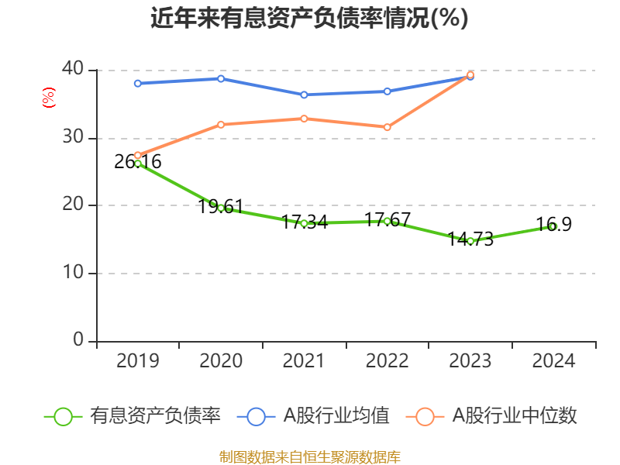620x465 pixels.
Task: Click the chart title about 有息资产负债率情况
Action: point(309,19)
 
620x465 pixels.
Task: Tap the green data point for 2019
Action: point(138,164)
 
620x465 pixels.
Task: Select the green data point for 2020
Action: point(221,208)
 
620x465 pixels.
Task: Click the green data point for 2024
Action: point(553,226)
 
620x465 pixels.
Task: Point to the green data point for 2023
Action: point(470,241)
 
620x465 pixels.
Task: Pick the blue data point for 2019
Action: point(138,83)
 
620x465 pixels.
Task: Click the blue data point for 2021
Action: point(304,95)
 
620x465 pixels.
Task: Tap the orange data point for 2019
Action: point(138,155)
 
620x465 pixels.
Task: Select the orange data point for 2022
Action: point(387,127)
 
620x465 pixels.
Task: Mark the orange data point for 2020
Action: point(221,124)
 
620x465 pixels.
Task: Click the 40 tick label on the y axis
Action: point(73,70)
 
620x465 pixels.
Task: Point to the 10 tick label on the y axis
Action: point(73,273)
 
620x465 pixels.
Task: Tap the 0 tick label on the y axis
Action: point(78,340)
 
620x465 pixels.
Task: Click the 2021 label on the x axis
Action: point(304,361)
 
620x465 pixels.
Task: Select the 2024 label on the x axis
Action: point(553,361)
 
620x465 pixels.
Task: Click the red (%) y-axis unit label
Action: point(48,98)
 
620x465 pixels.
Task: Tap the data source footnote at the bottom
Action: point(309,456)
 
